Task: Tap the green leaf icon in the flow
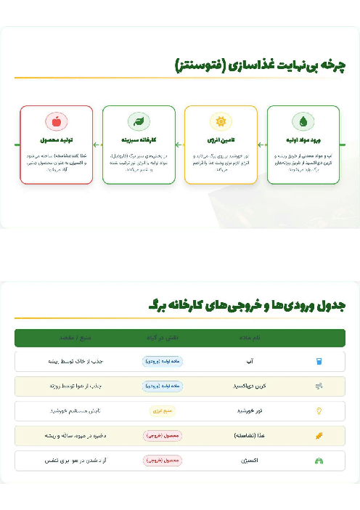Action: pyautogui.click(x=139, y=121)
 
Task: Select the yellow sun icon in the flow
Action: pyautogui.click(x=221, y=121)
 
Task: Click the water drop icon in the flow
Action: pyautogui.click(x=303, y=121)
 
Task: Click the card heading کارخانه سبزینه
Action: pyautogui.click(x=139, y=140)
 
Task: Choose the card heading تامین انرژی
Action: pyautogui.click(x=221, y=140)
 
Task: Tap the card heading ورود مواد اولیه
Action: pyautogui.click(x=303, y=140)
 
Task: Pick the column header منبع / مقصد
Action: pyautogui.click(x=75, y=338)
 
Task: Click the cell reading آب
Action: pyautogui.click(x=250, y=361)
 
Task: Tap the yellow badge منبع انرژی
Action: pyautogui.click(x=163, y=410)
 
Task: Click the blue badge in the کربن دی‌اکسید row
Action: pyautogui.click(x=163, y=386)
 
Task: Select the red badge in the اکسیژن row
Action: pyautogui.click(x=163, y=460)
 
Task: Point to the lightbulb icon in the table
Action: pyautogui.click(x=318, y=410)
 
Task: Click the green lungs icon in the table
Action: pyautogui.click(x=318, y=460)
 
